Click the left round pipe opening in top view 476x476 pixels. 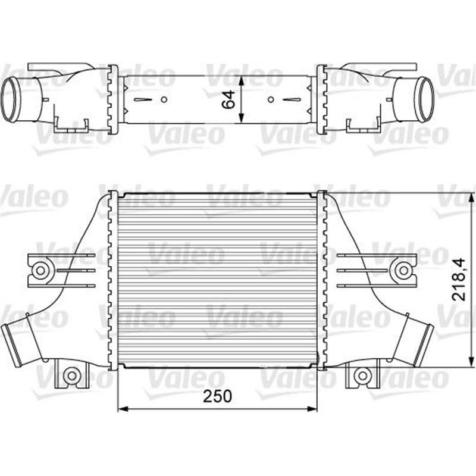11,98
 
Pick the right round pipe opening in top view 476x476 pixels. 425,99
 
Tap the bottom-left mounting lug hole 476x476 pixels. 71,375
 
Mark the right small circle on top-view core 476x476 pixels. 271,99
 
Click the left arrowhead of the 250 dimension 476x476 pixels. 123,409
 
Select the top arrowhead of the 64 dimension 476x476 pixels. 240,79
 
